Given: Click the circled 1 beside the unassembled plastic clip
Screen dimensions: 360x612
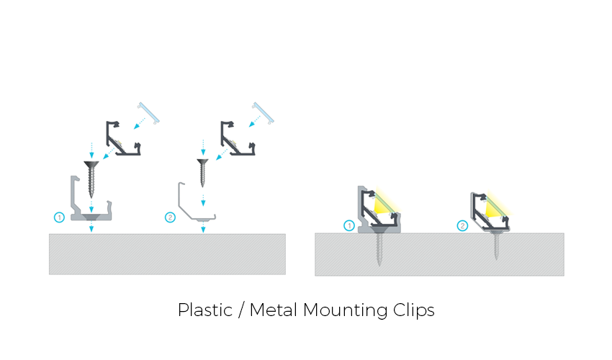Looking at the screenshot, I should [60, 217].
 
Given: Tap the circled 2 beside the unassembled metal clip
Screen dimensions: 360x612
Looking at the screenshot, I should [170, 217].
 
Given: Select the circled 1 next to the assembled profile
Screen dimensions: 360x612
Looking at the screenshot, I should [349, 226].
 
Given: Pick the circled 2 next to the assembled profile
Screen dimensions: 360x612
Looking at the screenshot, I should [462, 226].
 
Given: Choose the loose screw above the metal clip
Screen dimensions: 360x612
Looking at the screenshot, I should [203, 173].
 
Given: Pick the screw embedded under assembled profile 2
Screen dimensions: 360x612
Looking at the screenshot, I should [495, 245].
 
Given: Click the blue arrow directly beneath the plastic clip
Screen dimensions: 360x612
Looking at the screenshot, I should [91, 228].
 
